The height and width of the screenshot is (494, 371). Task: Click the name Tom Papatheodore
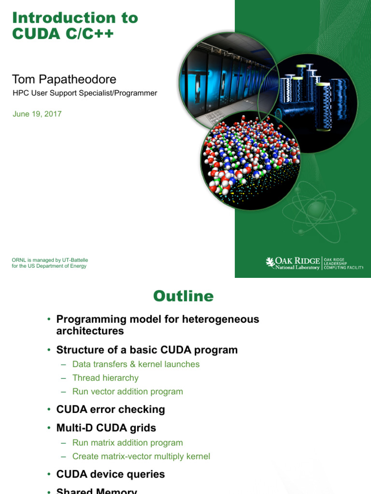[64, 79]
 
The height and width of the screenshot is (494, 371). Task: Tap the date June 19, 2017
[37, 114]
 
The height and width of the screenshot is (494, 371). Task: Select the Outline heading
[183, 296]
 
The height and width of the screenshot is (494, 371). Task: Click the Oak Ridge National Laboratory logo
[293, 263]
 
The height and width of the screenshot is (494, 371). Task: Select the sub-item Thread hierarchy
[105, 378]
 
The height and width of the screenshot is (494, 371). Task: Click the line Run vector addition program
[128, 391]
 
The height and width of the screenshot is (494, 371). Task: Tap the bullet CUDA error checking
[111, 410]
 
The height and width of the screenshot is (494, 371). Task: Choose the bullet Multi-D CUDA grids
[106, 428]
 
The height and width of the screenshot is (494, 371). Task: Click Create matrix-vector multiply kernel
[141, 456]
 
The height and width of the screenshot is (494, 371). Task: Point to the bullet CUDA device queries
[111, 474]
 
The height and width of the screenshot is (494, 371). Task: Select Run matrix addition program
[128, 442]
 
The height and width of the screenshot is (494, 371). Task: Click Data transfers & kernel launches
[136, 364]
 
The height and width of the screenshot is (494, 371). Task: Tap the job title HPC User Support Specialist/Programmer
[85, 93]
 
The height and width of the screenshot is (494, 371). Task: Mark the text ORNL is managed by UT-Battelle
[50, 260]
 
